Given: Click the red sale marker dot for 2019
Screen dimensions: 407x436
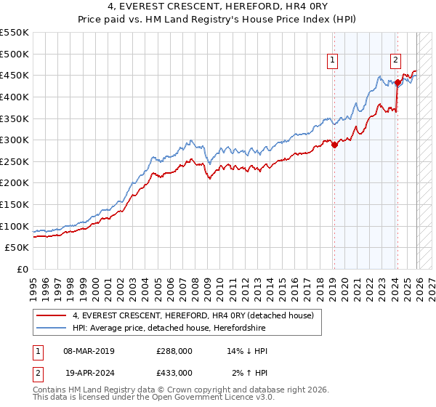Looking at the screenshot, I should pyautogui.click(x=334, y=145).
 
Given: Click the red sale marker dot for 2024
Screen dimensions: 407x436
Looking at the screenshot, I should pyautogui.click(x=397, y=82).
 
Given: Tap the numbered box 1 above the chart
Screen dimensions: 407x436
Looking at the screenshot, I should pyautogui.click(x=332, y=61).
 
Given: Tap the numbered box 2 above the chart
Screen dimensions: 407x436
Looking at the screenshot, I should pyautogui.click(x=395, y=61).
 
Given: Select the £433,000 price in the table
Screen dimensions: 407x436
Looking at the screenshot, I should pyautogui.click(x=174, y=372).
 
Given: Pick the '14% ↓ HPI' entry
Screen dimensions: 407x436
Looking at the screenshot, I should pyautogui.click(x=247, y=351).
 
